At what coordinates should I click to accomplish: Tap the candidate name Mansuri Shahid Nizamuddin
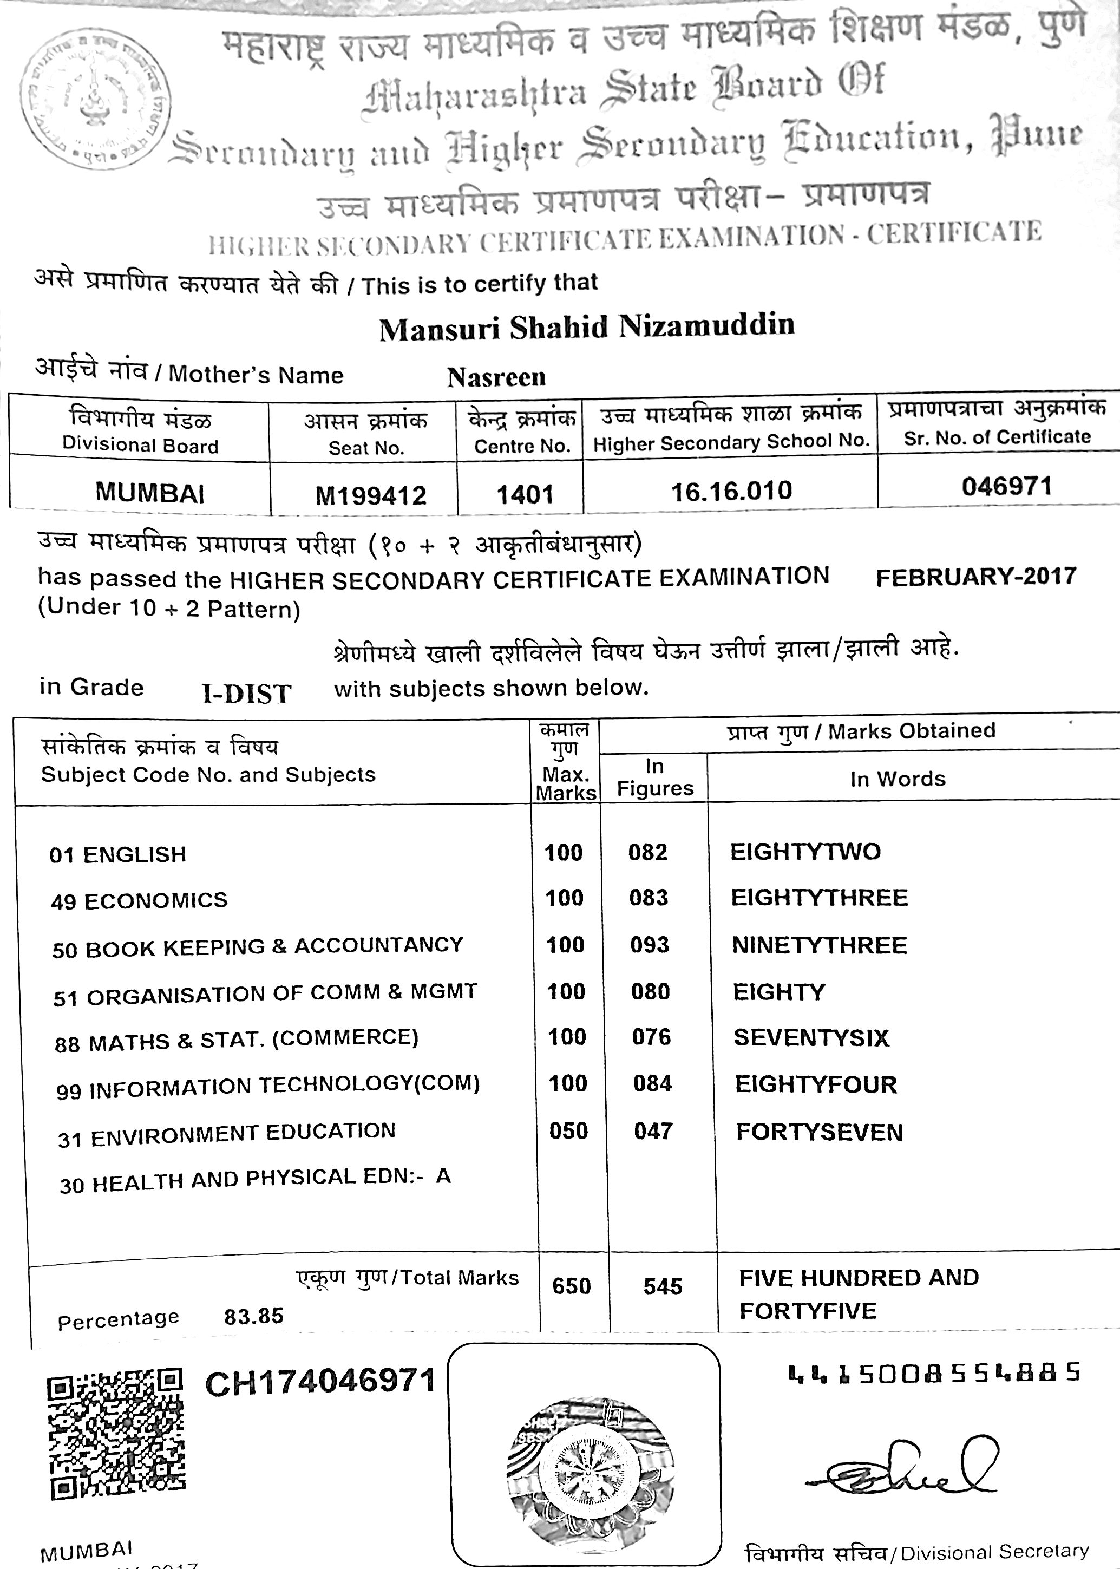[x=587, y=327]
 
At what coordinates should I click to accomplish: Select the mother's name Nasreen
[x=496, y=377]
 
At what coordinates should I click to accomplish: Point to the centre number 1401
[x=525, y=494]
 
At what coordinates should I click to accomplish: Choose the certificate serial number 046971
[x=1006, y=486]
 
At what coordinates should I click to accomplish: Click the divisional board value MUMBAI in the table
[x=149, y=493]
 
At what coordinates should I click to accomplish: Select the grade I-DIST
[x=246, y=693]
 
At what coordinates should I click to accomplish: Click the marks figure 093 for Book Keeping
[x=649, y=944]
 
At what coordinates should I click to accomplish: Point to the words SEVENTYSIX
[x=811, y=1037]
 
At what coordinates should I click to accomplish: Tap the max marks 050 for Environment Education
[x=568, y=1131]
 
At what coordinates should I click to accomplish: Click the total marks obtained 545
[x=662, y=1285]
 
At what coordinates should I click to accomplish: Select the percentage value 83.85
[x=253, y=1316]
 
